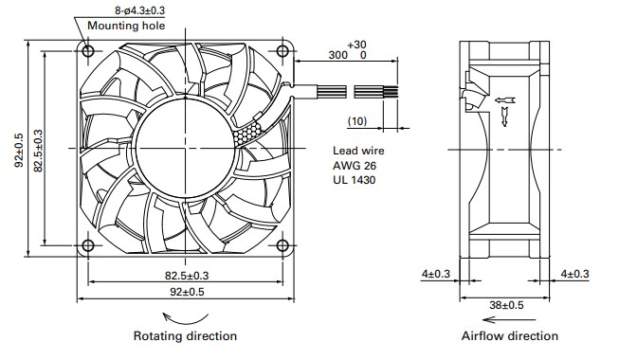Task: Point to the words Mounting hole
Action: coord(126,26)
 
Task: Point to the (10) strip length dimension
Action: coord(356,120)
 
